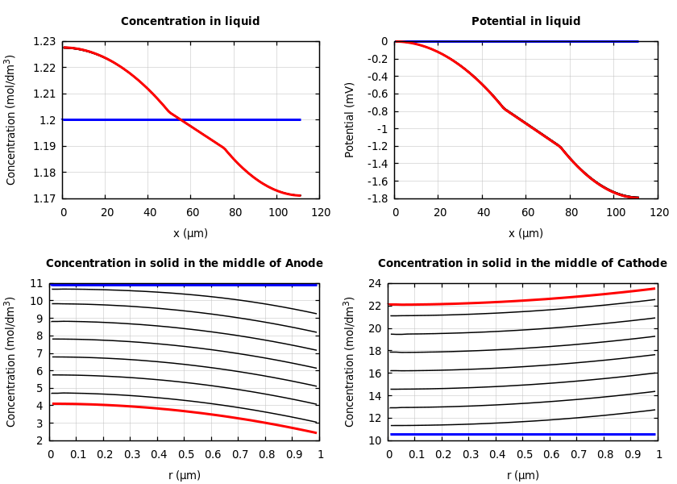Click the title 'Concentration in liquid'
(x=190, y=22)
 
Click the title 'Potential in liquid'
(x=525, y=22)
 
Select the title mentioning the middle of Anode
(x=184, y=263)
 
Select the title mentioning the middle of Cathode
(x=522, y=263)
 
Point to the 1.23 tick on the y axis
(x=44, y=41)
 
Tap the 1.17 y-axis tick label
(x=44, y=198)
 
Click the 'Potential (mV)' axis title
(x=350, y=119)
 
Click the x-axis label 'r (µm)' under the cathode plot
(x=522, y=475)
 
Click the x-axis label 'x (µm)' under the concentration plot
(x=190, y=233)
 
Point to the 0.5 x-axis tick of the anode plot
(x=185, y=455)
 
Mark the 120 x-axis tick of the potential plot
(x=658, y=213)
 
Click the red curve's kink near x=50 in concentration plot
(x=169, y=112)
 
